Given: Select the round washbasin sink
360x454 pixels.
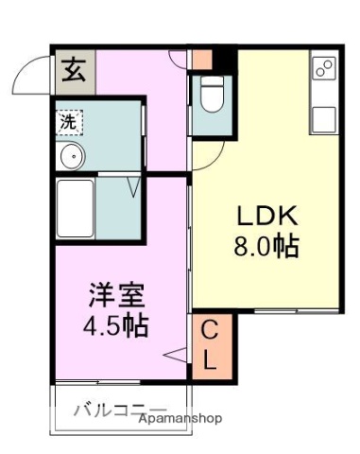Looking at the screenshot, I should (x=68, y=157).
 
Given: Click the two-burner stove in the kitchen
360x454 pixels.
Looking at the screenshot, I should (x=323, y=68).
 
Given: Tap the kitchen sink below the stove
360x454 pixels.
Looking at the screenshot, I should (x=323, y=119).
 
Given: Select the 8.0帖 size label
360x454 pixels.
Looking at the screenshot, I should (x=266, y=246).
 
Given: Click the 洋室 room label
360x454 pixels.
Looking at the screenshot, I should (x=118, y=294).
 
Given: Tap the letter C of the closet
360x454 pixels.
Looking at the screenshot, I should (x=212, y=331).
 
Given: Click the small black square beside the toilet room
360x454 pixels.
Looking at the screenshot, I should (x=223, y=59).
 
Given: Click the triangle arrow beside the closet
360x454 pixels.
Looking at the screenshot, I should (x=176, y=356).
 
